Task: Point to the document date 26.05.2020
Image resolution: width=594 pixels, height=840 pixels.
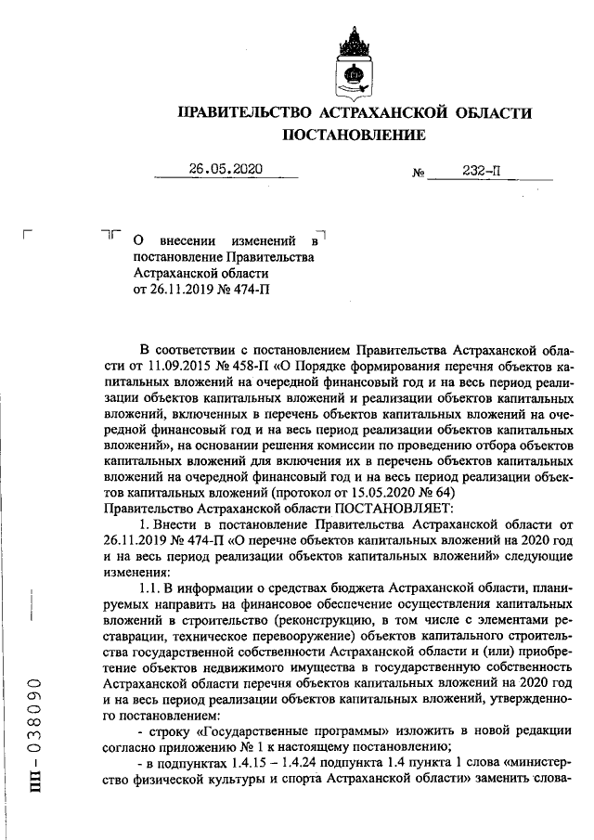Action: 226,169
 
